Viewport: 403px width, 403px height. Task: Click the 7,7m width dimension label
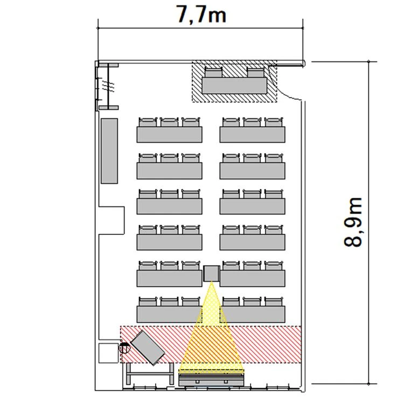point(202,14)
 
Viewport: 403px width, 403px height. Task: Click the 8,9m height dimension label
point(353,223)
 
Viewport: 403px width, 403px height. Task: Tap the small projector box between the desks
point(212,273)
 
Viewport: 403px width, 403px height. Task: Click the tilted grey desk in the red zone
point(148,348)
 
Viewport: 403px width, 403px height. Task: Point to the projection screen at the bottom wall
point(211,380)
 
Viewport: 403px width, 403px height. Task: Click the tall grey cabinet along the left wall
point(109,151)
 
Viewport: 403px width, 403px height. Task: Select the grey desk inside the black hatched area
point(234,86)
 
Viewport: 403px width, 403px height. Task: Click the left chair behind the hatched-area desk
point(213,72)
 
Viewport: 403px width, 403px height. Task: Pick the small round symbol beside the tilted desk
point(124,348)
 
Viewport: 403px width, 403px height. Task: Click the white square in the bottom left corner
point(109,353)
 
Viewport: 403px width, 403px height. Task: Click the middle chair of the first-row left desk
point(169,122)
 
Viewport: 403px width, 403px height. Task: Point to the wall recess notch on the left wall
point(112,220)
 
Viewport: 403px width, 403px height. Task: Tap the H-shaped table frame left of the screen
point(150,374)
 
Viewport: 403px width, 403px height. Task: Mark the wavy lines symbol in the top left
point(109,86)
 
